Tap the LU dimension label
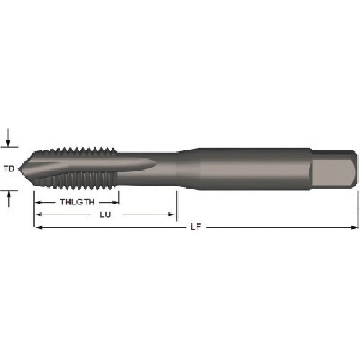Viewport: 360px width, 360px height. tap(106, 215)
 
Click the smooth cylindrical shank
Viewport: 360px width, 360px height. tap(252, 169)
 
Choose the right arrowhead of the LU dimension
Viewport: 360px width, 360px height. tap(172, 215)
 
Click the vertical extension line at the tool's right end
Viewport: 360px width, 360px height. tap(358, 209)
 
